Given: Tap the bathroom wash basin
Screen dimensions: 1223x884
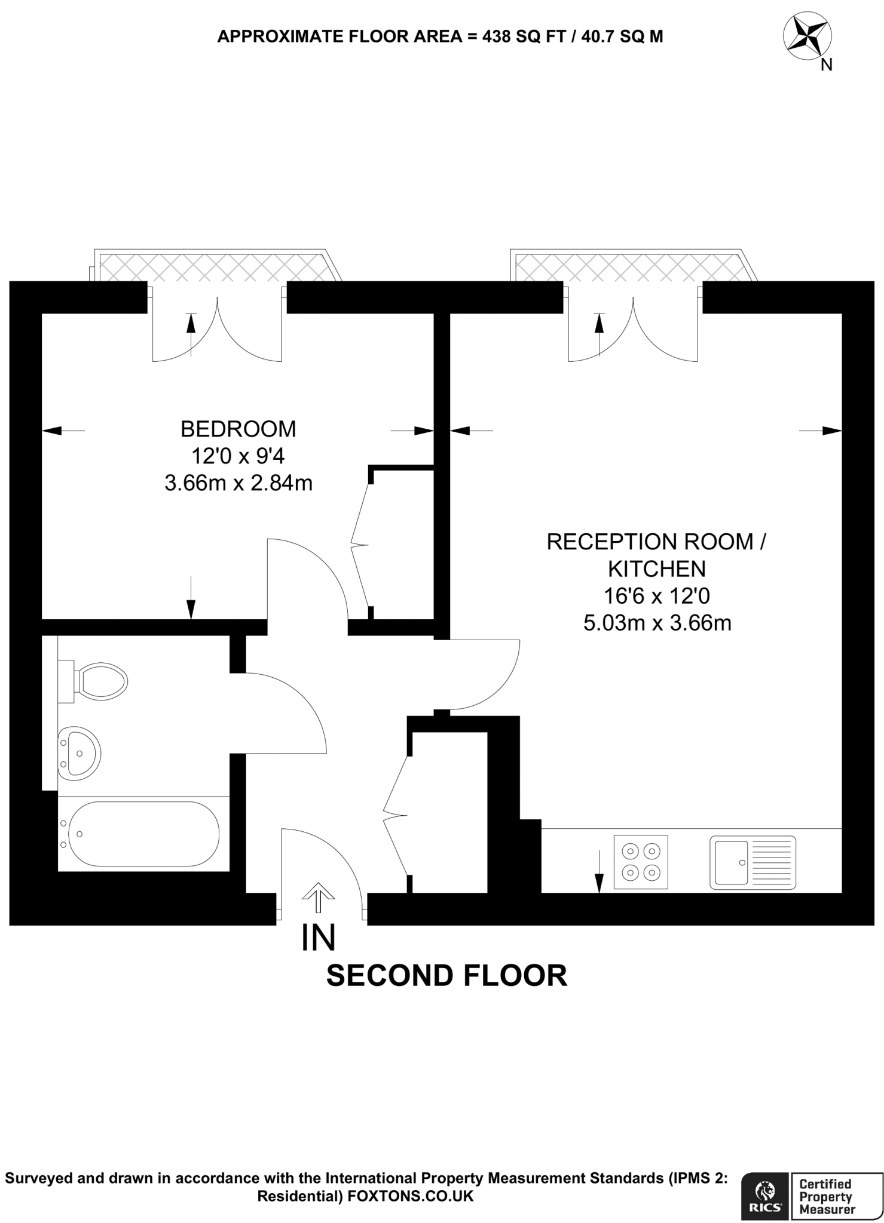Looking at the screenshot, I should (79, 753).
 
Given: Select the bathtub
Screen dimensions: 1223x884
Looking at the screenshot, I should (143, 834).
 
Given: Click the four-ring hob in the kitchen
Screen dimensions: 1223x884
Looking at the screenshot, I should (641, 862).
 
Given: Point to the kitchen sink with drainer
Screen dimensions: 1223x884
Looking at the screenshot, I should (753, 862).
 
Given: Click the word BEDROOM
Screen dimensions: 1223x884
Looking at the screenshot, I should (238, 429).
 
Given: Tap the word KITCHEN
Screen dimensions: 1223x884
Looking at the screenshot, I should (657, 569).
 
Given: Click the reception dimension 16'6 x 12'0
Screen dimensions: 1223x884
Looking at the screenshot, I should (657, 596).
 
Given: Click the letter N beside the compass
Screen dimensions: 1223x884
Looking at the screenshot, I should (827, 65).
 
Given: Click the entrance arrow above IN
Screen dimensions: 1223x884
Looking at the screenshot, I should (318, 898).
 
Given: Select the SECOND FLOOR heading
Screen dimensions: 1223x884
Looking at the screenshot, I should (446, 976).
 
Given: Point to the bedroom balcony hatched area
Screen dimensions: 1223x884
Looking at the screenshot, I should (215, 268).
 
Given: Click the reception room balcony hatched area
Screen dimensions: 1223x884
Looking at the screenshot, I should (631, 268).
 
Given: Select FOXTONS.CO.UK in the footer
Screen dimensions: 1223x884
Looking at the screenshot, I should (410, 1196).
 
